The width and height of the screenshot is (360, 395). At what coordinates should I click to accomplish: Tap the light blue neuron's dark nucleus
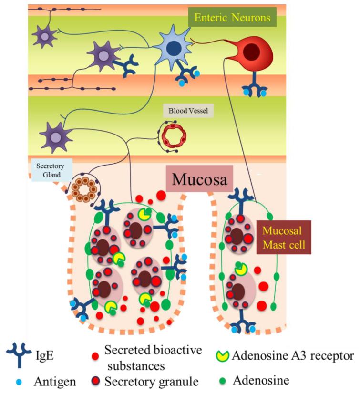click(174, 50)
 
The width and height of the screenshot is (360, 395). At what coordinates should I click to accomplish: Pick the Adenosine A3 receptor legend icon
click(224, 356)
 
